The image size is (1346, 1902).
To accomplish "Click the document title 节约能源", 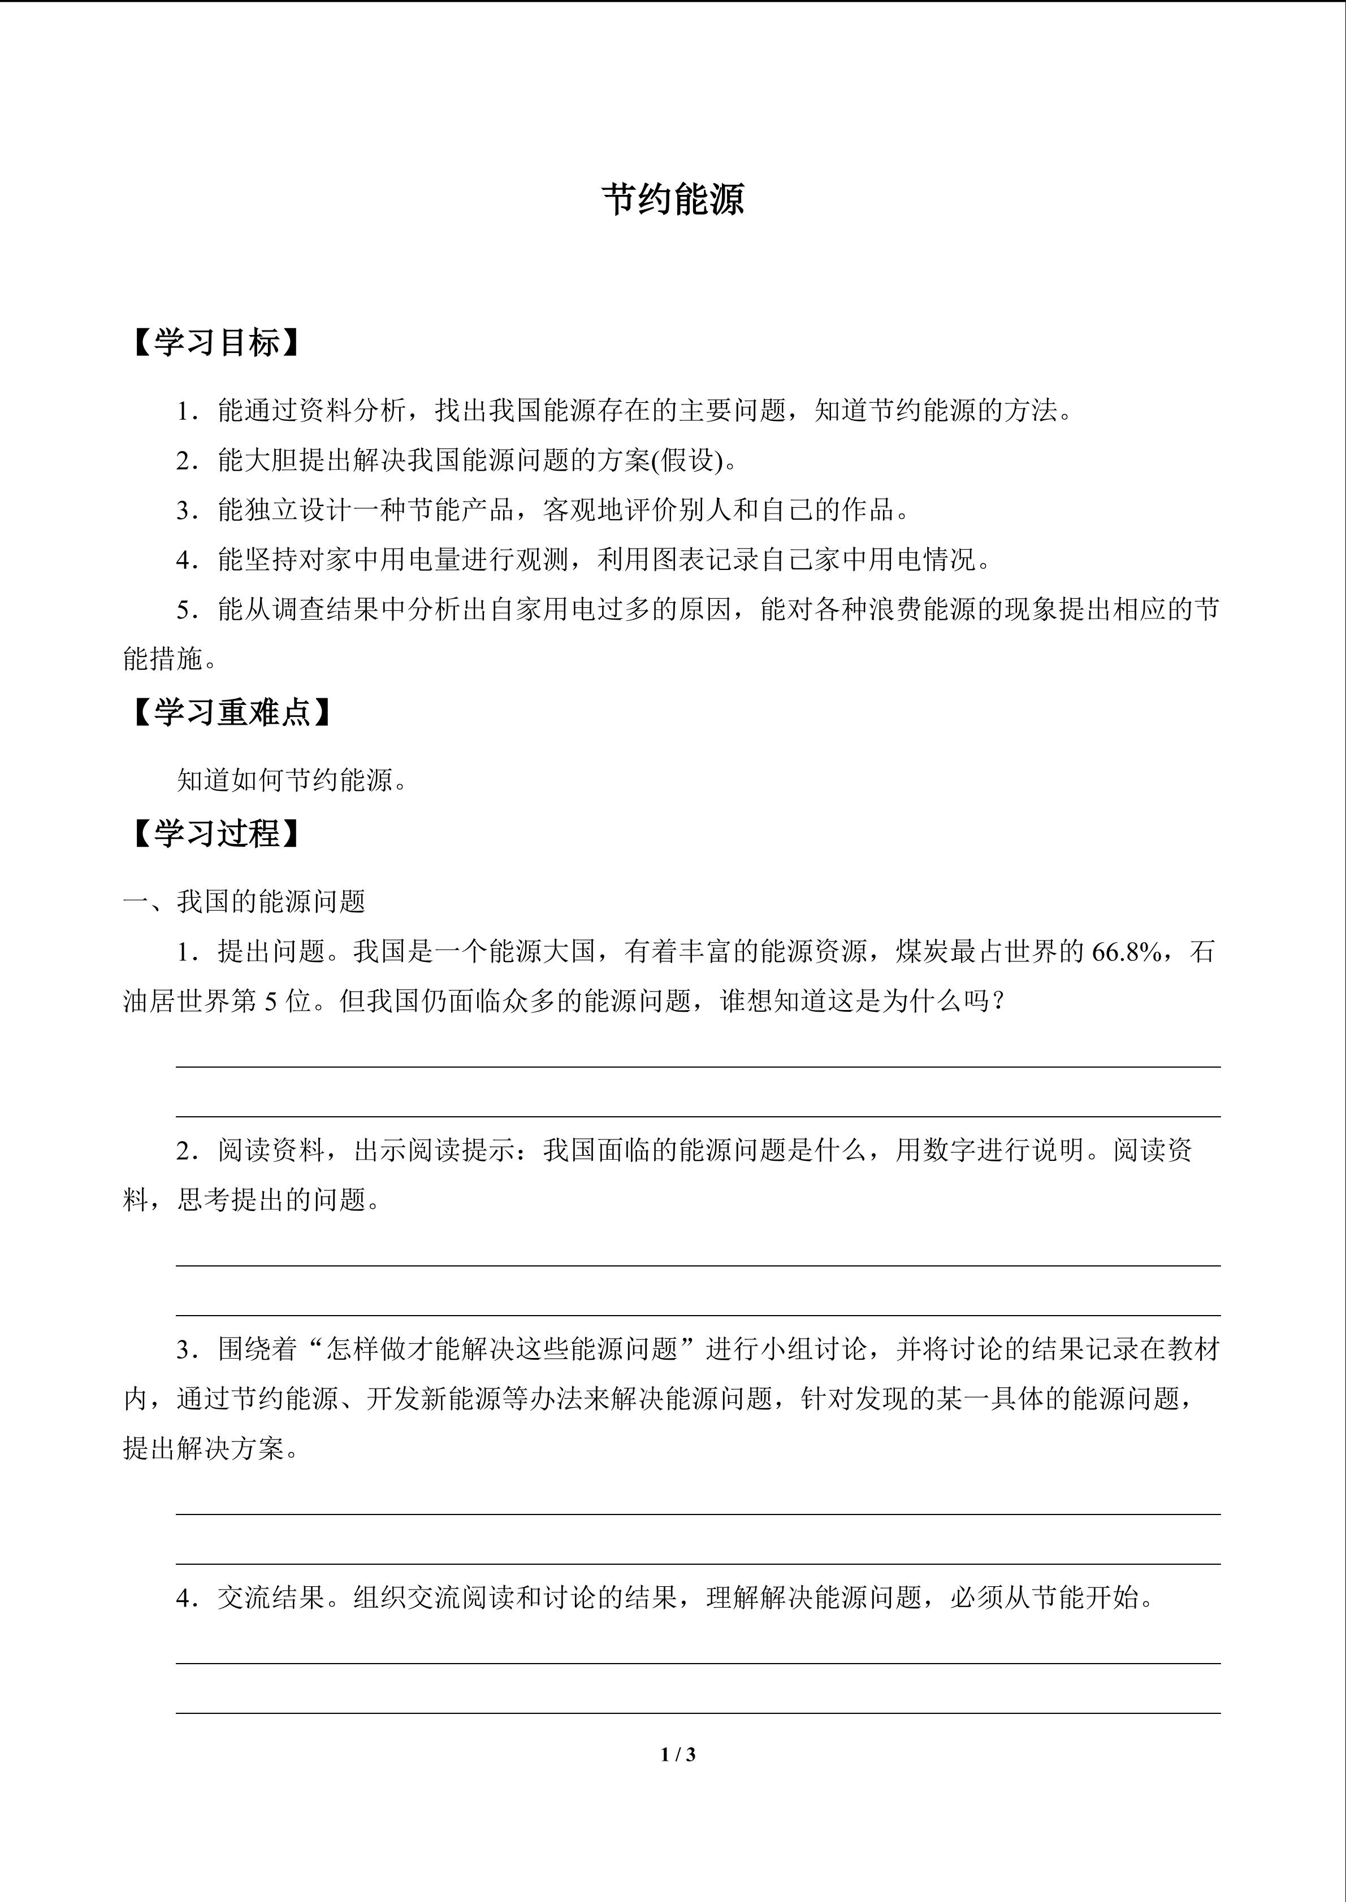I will click(x=672, y=199).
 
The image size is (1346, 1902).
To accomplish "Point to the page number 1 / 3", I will click(x=678, y=1754).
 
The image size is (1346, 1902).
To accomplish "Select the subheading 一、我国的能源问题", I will click(x=245, y=902).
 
